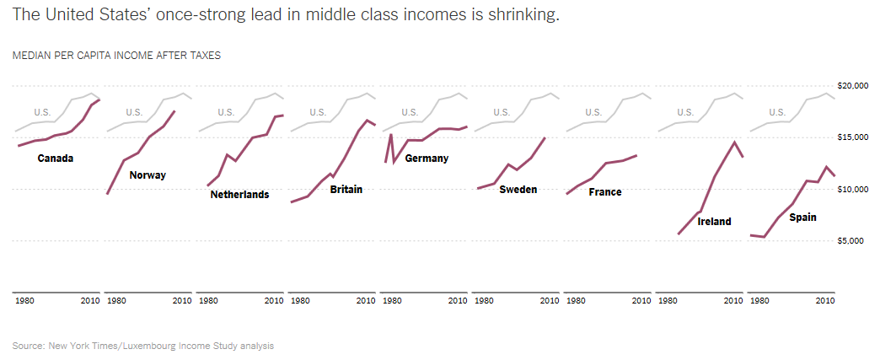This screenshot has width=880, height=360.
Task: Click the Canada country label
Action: pos(56,158)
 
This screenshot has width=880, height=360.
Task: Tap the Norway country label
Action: pos(148,175)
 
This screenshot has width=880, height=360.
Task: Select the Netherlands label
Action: pos(239,195)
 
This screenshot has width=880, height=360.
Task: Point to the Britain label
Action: pos(346,189)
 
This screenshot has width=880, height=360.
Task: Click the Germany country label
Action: pos(427,158)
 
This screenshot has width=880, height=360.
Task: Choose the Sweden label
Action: pos(518,190)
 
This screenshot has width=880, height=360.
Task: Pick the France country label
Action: pos(605,192)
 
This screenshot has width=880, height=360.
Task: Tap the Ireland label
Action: pos(714,222)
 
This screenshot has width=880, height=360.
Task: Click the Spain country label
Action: pos(802,218)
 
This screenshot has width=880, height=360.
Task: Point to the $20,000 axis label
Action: pos(853,86)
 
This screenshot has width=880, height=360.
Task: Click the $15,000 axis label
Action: pos(853,137)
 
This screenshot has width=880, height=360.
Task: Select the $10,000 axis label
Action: pos(853,190)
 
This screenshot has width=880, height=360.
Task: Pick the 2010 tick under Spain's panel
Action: pos(825,300)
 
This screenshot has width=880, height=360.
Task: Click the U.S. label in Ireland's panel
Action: pos(685,112)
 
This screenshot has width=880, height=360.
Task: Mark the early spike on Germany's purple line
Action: pos(390,134)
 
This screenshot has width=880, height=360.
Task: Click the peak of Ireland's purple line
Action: pos(735,142)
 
